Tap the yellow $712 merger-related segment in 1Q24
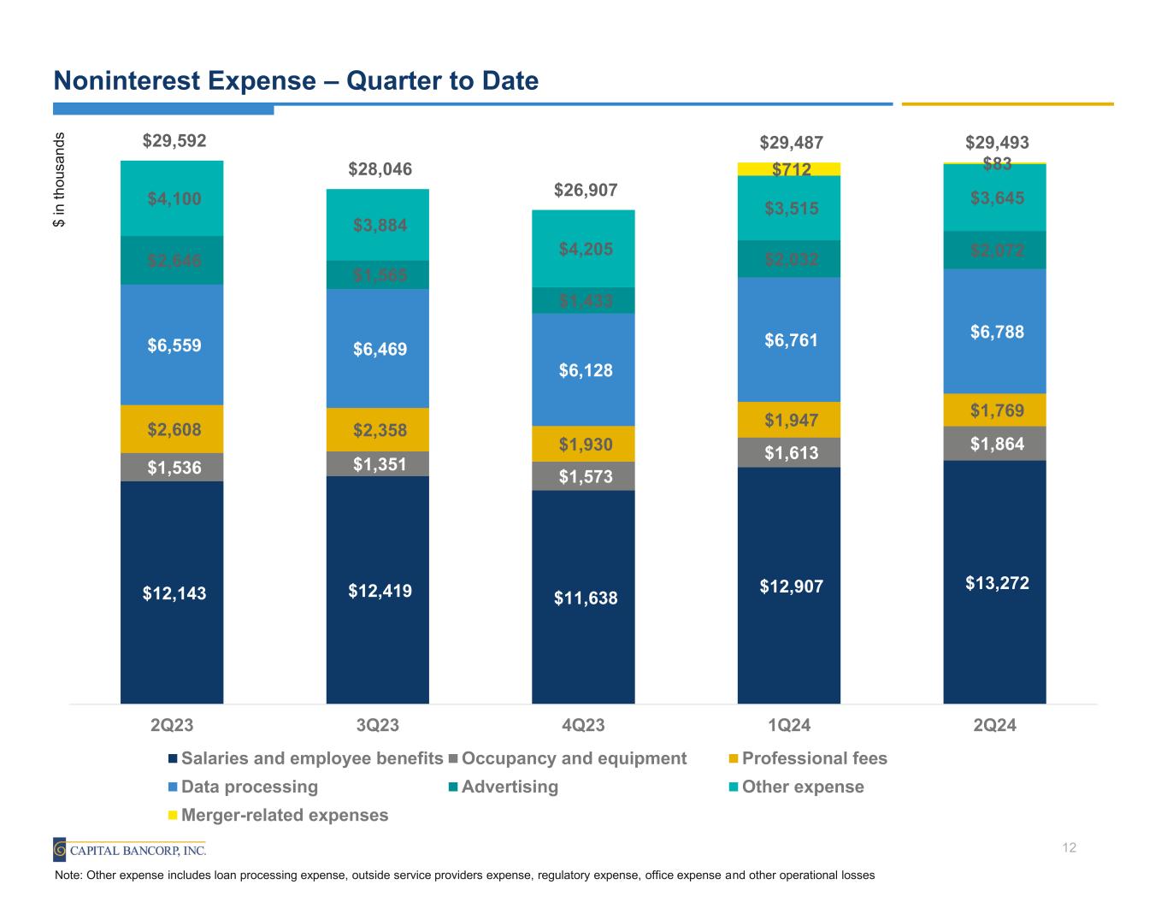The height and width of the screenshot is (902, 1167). coord(789,169)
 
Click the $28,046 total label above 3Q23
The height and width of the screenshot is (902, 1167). coord(380,169)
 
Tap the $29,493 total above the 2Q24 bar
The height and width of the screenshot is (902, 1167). coord(997,142)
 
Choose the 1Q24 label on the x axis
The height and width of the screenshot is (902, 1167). coord(789,726)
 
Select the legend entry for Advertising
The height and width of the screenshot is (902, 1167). coord(509,787)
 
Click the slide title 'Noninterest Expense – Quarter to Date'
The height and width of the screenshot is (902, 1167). coord(296,81)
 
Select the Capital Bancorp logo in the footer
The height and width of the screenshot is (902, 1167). coord(129,850)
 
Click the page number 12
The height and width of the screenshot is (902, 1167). coord(1069,847)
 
